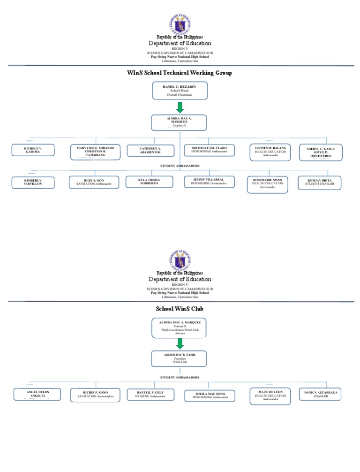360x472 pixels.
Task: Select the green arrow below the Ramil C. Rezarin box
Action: (x=180, y=107)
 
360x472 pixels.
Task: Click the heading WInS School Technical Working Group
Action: (x=180, y=73)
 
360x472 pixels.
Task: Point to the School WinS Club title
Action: (x=180, y=309)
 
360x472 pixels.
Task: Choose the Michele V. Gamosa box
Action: (x=33, y=150)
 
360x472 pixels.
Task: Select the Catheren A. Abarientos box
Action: (x=150, y=150)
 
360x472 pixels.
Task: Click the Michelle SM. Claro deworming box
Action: (x=210, y=150)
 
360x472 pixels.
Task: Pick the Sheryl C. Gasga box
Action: (x=321, y=152)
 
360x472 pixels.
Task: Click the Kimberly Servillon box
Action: (x=33, y=182)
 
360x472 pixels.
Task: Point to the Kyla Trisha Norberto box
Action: (x=150, y=182)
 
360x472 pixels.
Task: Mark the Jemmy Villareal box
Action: (x=209, y=182)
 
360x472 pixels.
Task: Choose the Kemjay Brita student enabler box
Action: (x=321, y=182)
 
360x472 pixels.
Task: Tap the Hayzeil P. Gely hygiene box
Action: (x=150, y=394)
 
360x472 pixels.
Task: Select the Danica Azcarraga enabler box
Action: (x=321, y=394)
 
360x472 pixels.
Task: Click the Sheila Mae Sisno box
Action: (x=209, y=396)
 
